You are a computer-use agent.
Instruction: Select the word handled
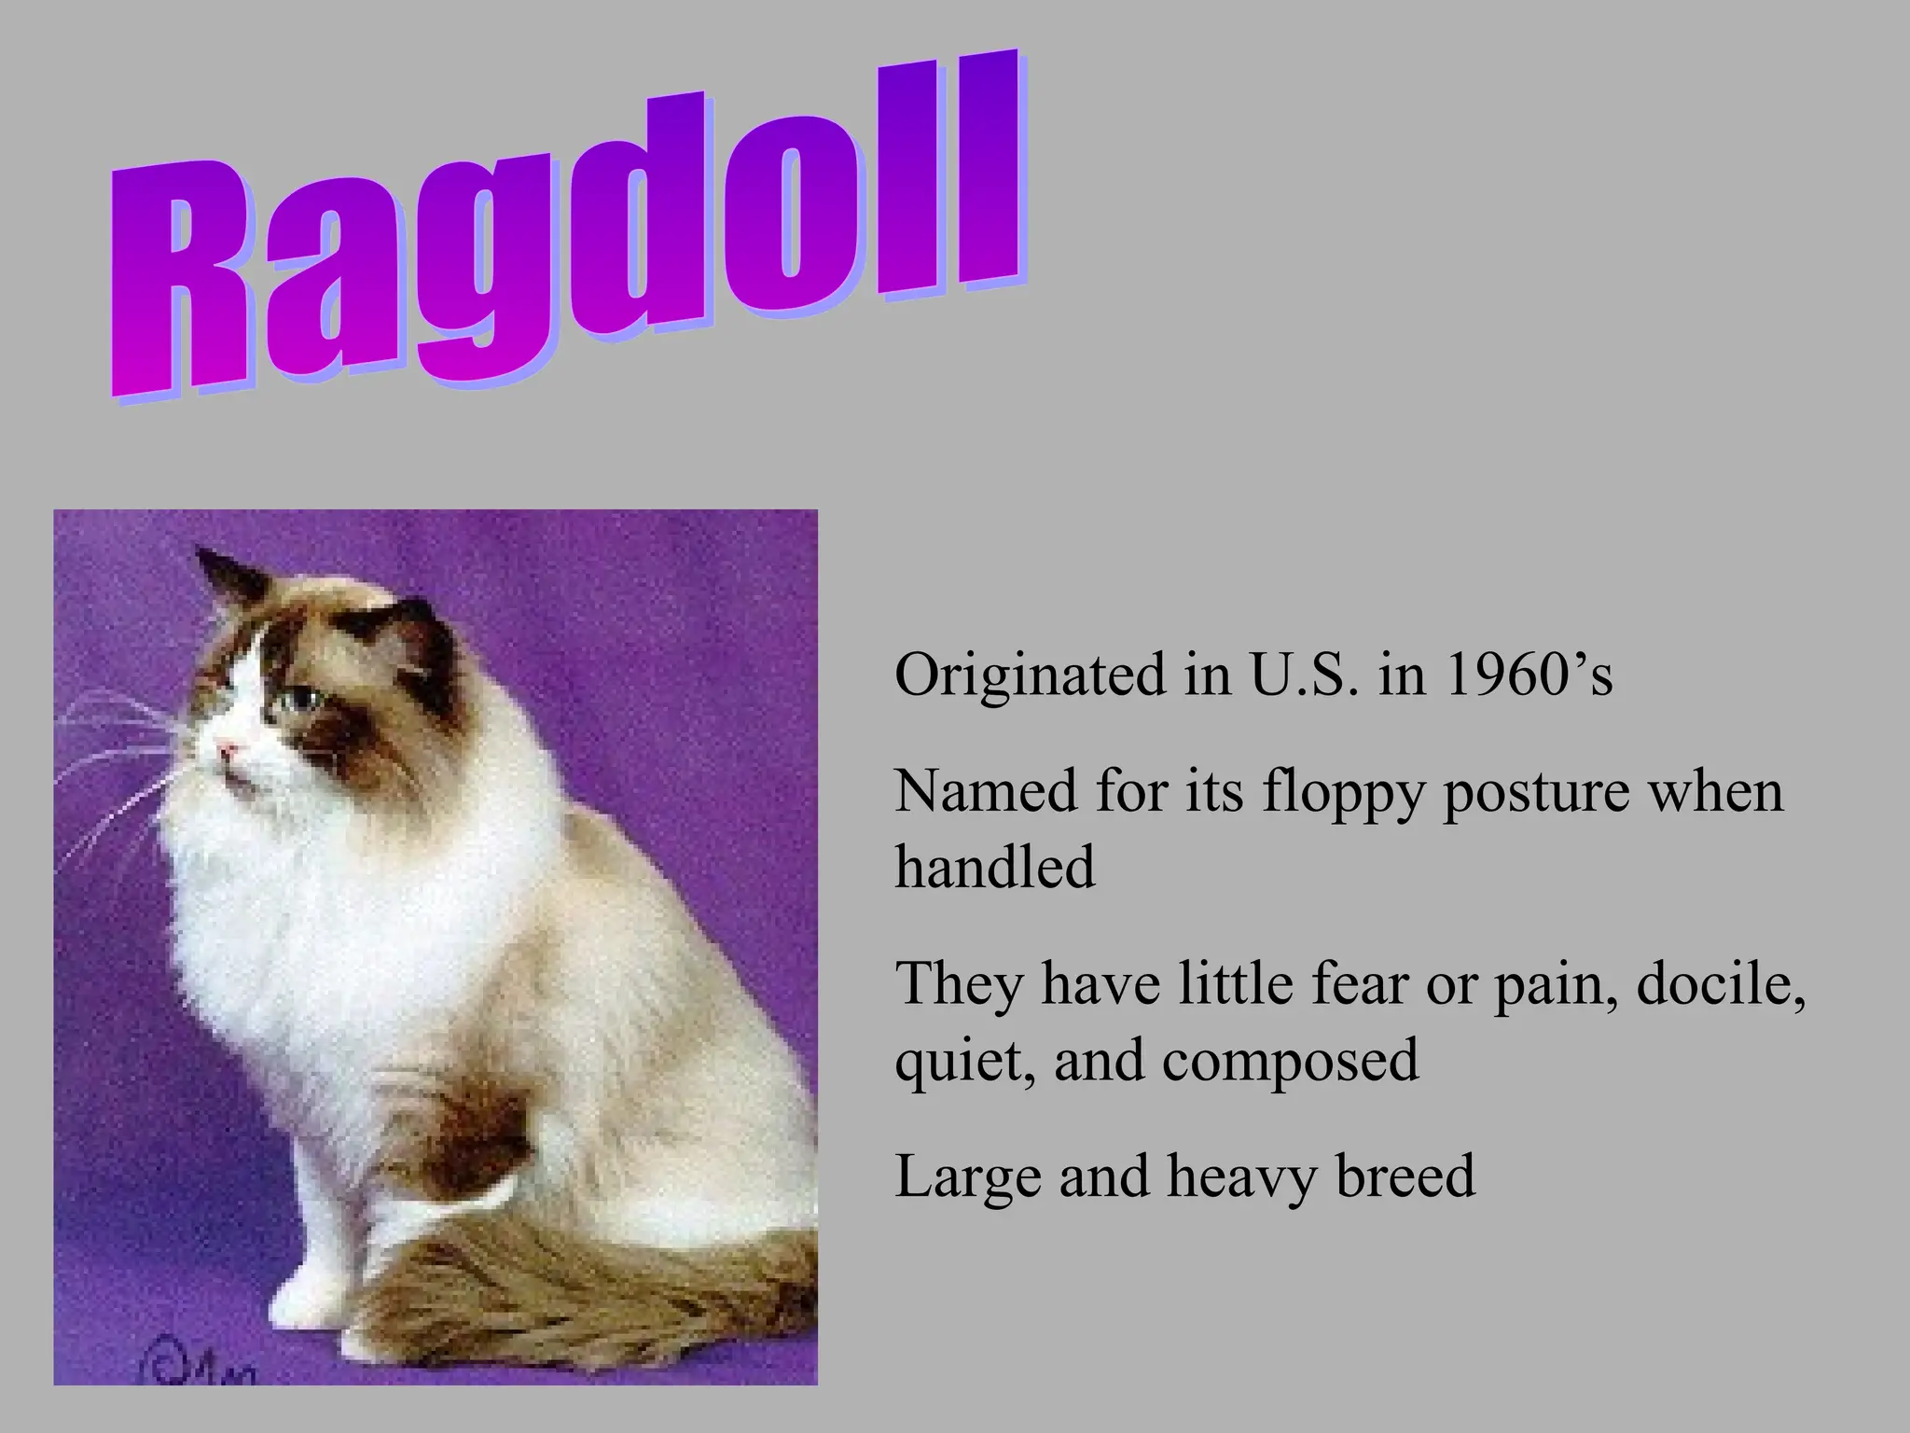click(x=995, y=867)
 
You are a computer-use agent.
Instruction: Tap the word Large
click(x=966, y=1177)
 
